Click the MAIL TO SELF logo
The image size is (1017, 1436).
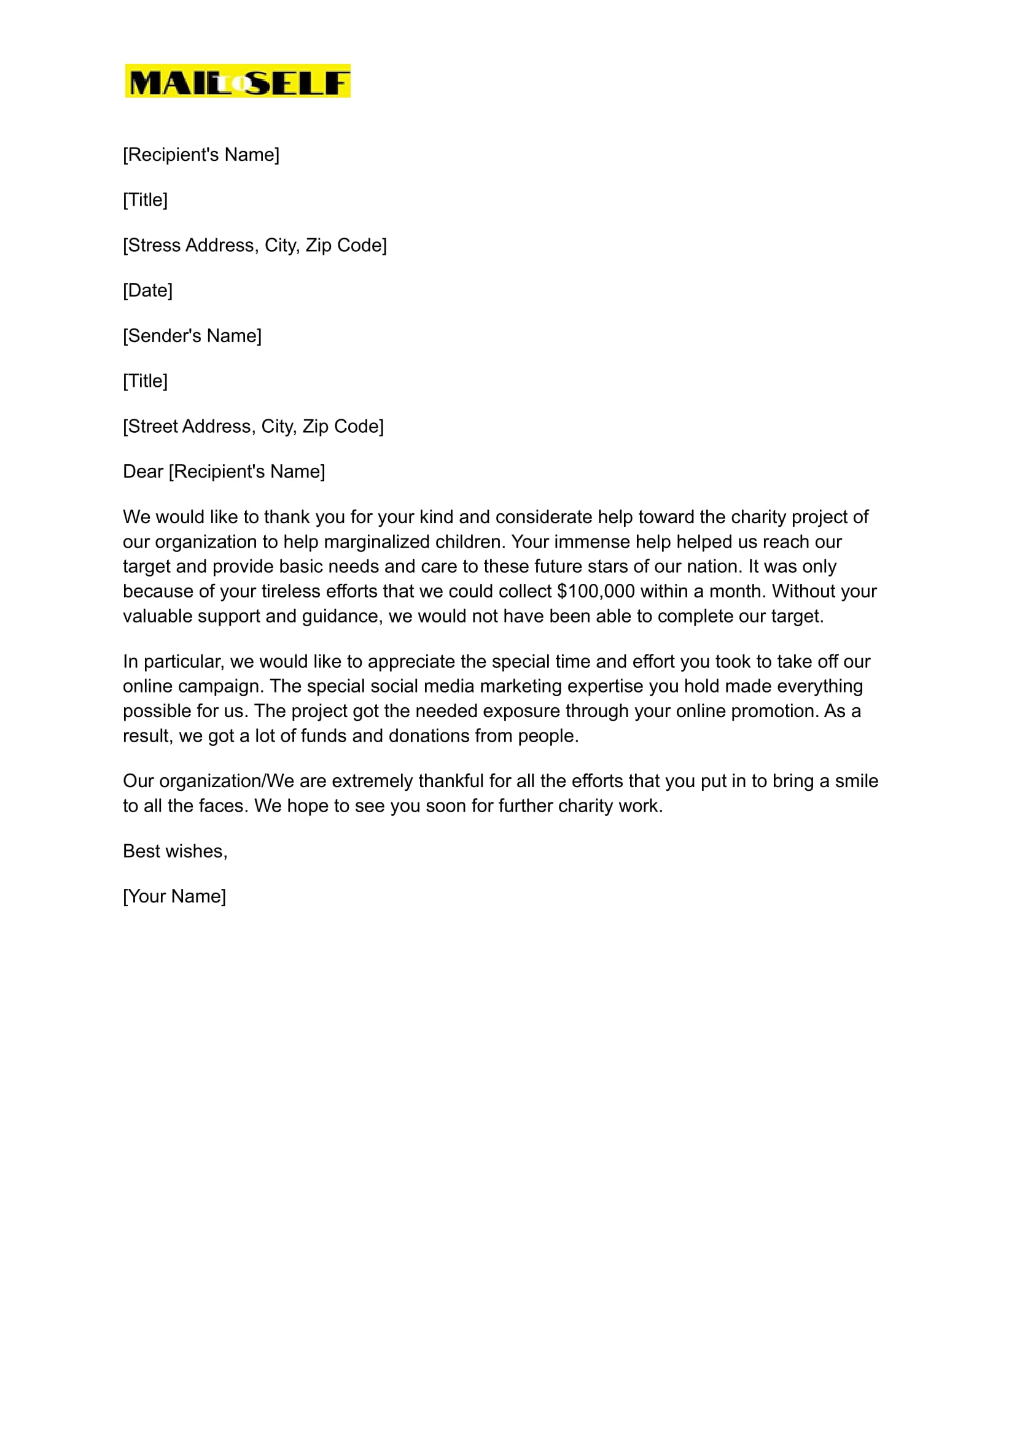(237, 81)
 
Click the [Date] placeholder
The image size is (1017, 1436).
(148, 290)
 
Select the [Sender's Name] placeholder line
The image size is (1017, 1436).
(192, 336)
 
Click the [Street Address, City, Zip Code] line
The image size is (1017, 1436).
(253, 426)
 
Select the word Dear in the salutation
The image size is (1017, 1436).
(142, 472)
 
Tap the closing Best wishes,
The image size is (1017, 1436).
(174, 852)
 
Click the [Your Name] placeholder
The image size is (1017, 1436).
(174, 896)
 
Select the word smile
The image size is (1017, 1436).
(856, 781)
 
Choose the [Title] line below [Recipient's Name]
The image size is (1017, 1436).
(146, 200)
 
